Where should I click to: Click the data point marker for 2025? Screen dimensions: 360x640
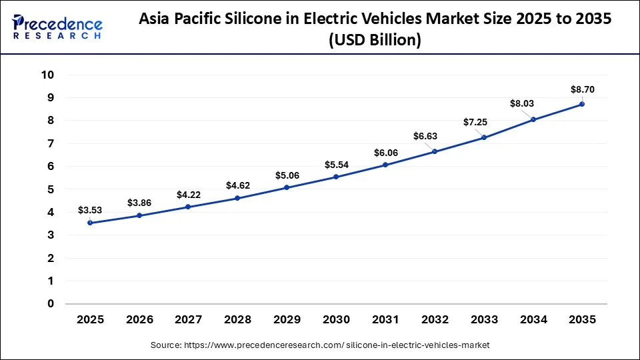[x=90, y=223]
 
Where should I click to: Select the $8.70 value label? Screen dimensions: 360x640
[x=582, y=89]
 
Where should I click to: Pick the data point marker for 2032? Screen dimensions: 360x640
[x=434, y=151]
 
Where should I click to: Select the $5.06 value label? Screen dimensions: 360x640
[x=287, y=175]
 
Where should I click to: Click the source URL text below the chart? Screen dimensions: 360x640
[x=320, y=345]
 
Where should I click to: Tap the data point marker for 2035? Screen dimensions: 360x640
[x=582, y=104]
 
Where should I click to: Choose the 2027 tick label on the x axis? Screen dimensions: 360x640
[x=188, y=320]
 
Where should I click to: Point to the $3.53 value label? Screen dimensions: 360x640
[x=90, y=210]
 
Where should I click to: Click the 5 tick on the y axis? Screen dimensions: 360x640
[x=51, y=189]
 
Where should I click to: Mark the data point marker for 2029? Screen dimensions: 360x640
[x=287, y=187]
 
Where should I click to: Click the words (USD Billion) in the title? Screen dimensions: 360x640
[x=375, y=40]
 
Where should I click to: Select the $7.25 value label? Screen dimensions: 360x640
[x=483, y=123]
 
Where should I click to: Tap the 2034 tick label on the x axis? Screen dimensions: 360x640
[x=533, y=320]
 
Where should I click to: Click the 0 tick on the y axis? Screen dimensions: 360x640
[x=51, y=304]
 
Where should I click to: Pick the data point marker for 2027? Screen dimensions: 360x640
[x=188, y=207]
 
